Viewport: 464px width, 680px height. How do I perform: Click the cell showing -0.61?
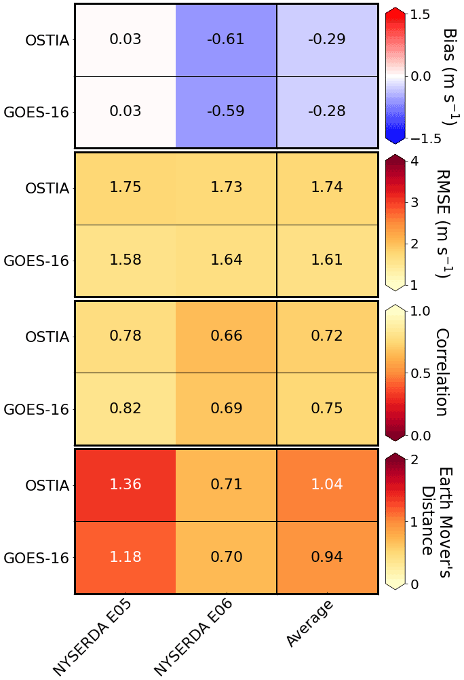[x=226, y=39]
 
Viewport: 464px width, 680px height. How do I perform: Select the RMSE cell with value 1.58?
[x=125, y=261]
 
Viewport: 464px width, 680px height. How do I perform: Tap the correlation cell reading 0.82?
[x=125, y=409]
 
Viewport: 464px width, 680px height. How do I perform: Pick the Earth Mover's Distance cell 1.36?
[x=125, y=485]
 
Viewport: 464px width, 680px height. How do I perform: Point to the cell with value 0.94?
[x=326, y=558]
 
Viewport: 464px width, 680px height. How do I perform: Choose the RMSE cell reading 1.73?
[x=226, y=187]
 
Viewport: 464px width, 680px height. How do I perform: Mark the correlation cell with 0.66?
[x=226, y=336]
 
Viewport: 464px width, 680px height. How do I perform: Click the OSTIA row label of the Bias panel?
[x=47, y=39]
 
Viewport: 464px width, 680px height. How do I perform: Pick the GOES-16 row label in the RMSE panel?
[x=37, y=261]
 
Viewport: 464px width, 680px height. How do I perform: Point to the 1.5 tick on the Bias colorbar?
[x=427, y=14]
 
